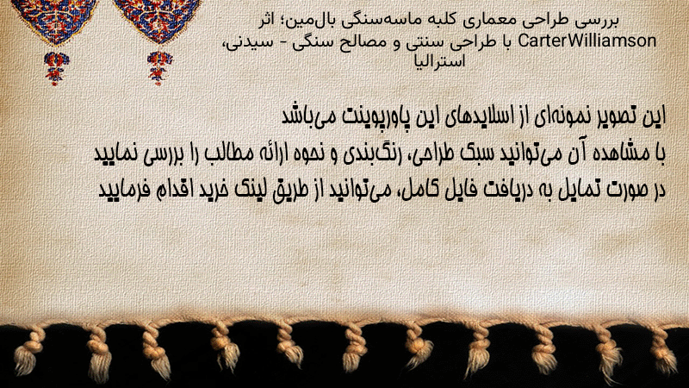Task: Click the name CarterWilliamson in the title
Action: [x=587, y=41]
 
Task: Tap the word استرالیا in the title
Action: [x=439, y=61]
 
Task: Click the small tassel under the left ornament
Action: [x=56, y=68]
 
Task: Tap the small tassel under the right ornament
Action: [x=159, y=68]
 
